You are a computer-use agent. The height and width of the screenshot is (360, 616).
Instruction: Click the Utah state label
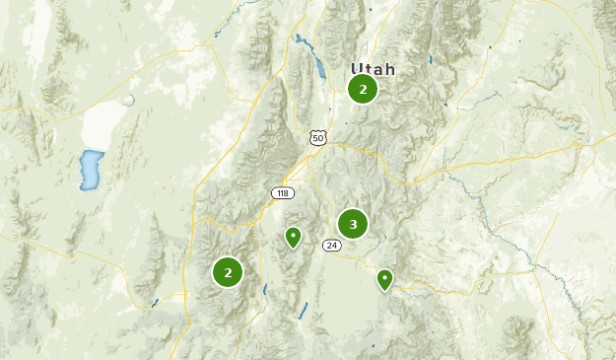[373, 70]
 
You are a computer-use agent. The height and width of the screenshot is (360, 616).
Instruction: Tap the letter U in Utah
[357, 70]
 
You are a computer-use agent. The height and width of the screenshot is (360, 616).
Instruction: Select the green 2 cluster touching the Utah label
[363, 90]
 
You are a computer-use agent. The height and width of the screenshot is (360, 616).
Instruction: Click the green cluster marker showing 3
[352, 224]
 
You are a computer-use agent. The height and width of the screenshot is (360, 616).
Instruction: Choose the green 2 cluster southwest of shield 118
[228, 271]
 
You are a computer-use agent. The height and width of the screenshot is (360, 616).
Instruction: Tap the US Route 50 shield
[316, 137]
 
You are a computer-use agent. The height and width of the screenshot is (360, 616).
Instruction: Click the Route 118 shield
[283, 192]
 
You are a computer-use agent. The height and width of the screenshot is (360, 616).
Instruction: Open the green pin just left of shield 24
[293, 237]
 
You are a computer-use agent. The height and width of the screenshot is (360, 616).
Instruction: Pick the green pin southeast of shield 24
[384, 279]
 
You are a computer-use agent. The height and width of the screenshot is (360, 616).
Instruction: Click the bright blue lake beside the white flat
[92, 170]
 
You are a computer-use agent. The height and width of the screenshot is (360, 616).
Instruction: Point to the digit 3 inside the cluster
[352, 224]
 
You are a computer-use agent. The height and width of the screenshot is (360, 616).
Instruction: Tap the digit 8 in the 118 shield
[287, 192]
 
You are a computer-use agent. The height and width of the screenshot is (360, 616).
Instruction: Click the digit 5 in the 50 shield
[314, 139]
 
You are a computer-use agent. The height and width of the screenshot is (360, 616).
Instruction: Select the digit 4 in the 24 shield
[333, 246]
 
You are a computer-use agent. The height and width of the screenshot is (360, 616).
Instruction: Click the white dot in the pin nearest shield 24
[293, 235]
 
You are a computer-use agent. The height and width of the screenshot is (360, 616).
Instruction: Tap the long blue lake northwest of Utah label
[317, 62]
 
